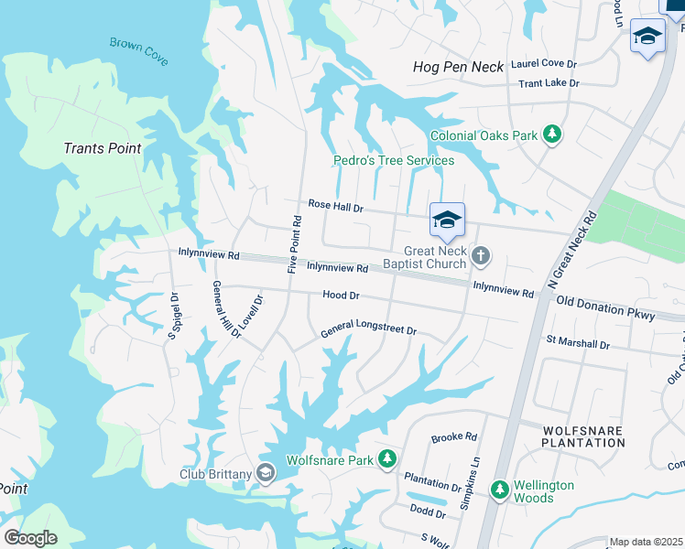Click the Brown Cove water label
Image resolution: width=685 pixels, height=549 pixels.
click(x=139, y=50)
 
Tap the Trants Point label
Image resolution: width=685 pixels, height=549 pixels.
click(x=103, y=148)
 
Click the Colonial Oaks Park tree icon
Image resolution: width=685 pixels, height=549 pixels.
click(x=551, y=135)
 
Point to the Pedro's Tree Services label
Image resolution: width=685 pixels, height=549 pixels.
click(x=393, y=161)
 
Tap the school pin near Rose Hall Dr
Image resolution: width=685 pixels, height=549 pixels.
click(x=447, y=221)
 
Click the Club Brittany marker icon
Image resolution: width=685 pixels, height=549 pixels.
click(x=266, y=473)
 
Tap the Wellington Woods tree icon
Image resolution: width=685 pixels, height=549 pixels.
click(x=500, y=491)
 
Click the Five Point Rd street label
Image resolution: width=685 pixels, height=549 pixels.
click(x=294, y=244)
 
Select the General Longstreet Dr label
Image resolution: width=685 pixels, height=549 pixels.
click(x=368, y=330)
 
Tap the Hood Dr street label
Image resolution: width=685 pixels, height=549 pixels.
click(x=341, y=296)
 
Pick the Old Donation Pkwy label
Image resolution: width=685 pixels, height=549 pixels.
click(x=605, y=308)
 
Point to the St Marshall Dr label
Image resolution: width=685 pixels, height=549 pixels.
click(x=578, y=344)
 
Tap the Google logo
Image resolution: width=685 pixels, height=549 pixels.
click(x=30, y=537)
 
